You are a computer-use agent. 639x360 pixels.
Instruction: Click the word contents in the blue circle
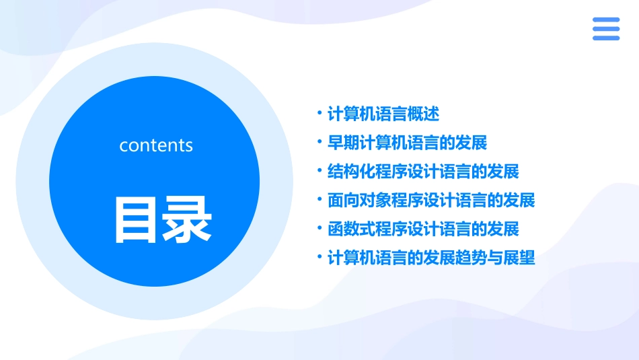(156, 145)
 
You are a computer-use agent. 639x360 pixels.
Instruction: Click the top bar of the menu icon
(606, 20)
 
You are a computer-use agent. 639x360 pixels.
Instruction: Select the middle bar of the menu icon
(606, 29)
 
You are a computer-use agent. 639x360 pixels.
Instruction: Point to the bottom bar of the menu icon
(606, 38)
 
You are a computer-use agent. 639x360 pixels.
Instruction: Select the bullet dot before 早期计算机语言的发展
(320, 142)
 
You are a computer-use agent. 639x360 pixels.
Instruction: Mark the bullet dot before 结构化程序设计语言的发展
(320, 171)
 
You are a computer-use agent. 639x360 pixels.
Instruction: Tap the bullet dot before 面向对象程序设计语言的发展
(320, 200)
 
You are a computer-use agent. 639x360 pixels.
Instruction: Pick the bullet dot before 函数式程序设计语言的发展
(320, 229)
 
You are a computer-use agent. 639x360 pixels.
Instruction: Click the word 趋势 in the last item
(471, 258)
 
